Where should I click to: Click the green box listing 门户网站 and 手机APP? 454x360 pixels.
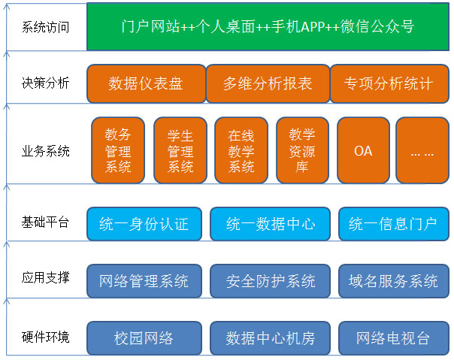268,26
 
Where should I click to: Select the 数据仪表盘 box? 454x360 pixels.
147,83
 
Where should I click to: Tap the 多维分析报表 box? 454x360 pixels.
268,83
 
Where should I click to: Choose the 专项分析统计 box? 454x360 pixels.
389,83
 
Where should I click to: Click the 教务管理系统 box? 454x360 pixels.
118,150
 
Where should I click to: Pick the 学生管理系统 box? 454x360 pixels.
180,150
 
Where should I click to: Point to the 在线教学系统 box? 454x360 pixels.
241,150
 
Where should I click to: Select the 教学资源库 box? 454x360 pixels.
303,150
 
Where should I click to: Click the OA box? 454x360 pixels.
363,150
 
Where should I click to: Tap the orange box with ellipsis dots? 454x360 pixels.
422,150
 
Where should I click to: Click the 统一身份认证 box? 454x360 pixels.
144,224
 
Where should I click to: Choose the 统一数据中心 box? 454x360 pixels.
270,224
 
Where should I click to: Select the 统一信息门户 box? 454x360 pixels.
394,224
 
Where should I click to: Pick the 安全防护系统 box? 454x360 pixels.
270,281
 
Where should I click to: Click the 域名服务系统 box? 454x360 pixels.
394,281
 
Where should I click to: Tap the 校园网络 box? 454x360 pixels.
144,338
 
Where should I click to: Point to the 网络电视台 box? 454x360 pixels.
394,338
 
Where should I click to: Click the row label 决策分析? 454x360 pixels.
45,83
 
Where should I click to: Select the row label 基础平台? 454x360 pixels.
45,222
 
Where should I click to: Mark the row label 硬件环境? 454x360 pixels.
45,337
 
